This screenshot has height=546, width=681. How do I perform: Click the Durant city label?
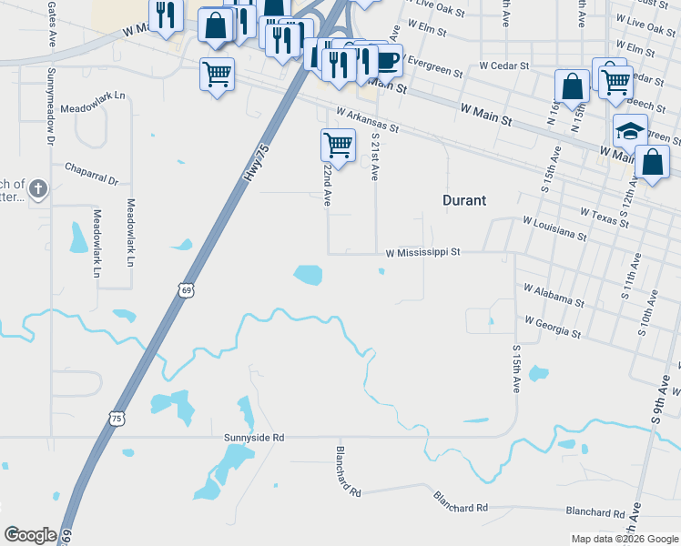[x=464, y=200]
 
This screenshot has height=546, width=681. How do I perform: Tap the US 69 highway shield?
[x=186, y=290]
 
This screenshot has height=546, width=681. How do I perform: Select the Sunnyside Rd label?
[x=255, y=438]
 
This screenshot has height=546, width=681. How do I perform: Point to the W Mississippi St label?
[x=423, y=251]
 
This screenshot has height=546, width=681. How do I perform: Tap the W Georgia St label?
[x=553, y=327]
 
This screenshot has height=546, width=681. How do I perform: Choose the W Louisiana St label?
[x=554, y=227]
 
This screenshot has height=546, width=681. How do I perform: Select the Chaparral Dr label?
[x=92, y=174]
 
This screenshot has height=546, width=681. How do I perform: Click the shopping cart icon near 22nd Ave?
[x=338, y=145]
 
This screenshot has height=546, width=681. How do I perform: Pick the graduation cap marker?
[x=630, y=129]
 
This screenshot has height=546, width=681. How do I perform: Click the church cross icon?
[x=37, y=189]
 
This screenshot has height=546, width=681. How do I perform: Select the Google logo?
[x=30, y=535]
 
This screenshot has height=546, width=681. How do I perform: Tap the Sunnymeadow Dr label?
[x=51, y=96]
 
